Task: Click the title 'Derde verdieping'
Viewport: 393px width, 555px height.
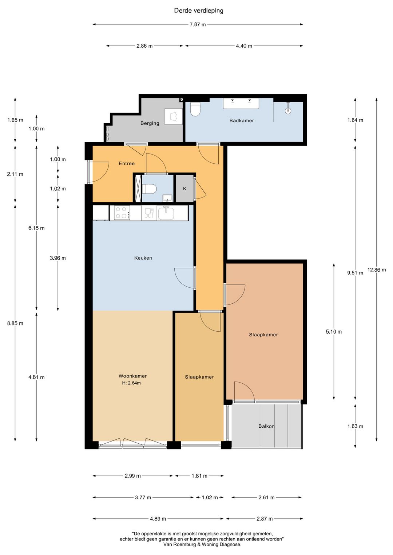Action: point(199,11)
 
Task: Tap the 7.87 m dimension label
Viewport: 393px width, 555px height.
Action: point(198,24)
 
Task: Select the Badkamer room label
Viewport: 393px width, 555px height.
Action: point(242,121)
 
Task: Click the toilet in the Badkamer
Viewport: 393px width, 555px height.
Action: point(195,109)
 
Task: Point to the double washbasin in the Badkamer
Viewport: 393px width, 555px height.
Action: point(241,103)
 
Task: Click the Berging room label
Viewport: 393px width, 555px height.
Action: point(150,123)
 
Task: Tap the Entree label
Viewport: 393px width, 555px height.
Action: point(127,164)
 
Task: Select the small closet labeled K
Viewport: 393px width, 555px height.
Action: point(185,188)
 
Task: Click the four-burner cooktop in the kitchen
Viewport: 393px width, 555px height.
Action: point(122,213)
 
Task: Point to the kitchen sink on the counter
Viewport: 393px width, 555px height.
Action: point(166,213)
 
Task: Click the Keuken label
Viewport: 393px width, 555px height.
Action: point(143,258)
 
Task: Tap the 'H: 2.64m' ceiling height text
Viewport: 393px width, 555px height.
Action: point(131,383)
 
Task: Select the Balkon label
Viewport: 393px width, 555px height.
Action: point(266,426)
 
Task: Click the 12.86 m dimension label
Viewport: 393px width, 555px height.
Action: point(377,270)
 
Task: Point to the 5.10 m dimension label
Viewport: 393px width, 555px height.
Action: point(334,332)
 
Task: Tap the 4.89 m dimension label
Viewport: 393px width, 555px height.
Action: point(158,519)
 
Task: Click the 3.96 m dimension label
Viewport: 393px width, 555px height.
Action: point(58,258)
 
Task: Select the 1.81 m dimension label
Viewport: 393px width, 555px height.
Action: point(199,476)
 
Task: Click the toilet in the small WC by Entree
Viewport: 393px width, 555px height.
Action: point(149,189)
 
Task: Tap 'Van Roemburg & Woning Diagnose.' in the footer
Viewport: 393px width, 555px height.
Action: point(202,544)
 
